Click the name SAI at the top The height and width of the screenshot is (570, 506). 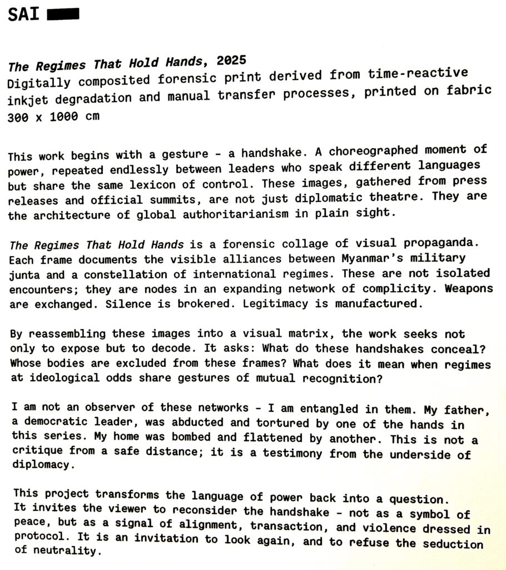[23, 14]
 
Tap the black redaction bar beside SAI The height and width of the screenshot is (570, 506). [63, 14]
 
